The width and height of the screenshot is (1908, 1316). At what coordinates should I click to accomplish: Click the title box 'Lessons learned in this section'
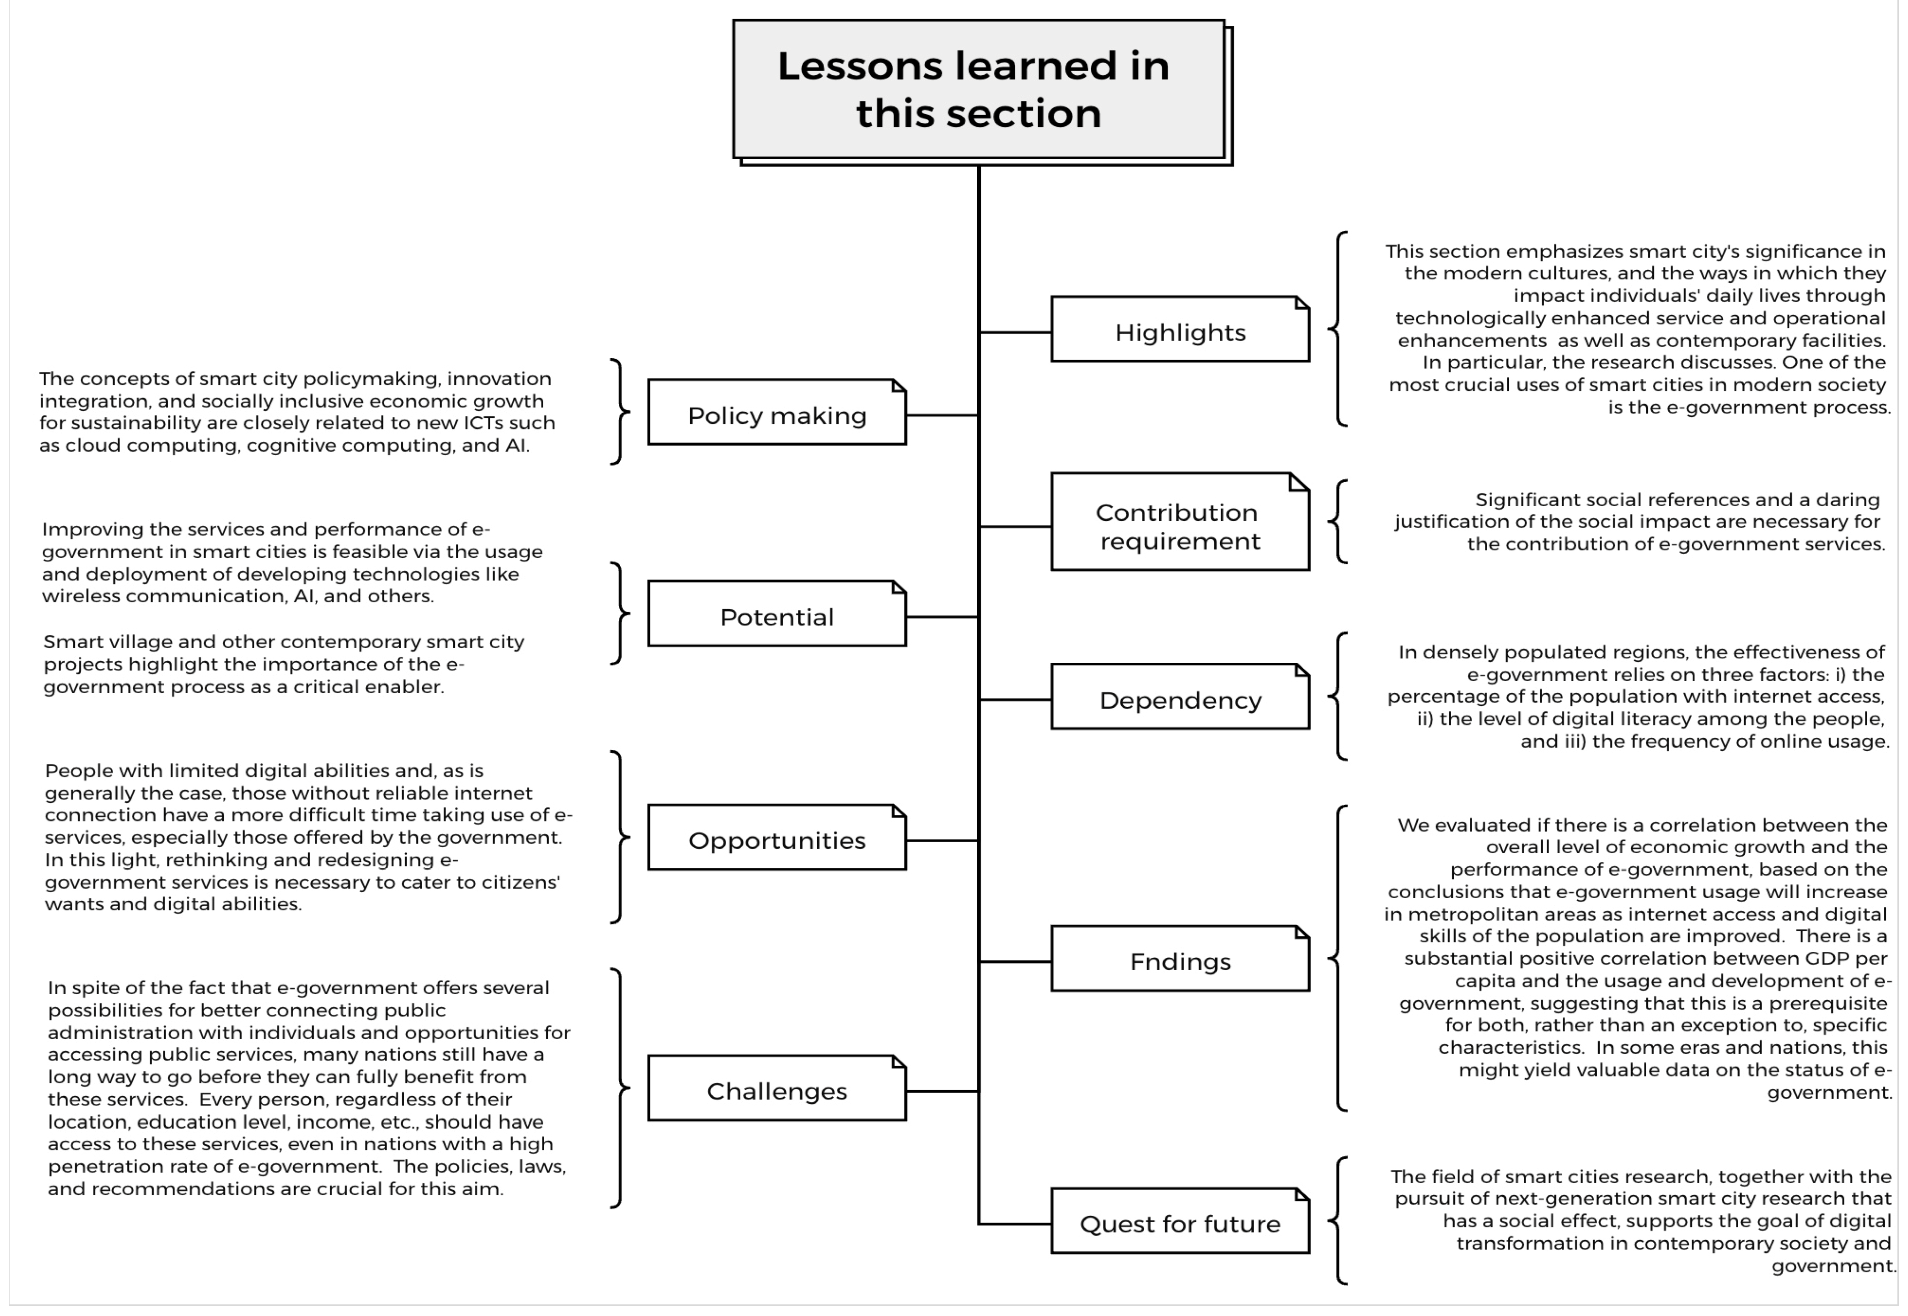click(979, 90)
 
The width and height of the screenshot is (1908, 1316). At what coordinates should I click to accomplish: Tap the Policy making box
click(776, 413)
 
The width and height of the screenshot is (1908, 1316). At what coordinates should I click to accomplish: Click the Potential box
click(776, 615)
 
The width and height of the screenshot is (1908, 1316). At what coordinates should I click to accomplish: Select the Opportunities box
click(776, 839)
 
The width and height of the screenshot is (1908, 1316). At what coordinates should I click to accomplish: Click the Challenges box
click(776, 1089)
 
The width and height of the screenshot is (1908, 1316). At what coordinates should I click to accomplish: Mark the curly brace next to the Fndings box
click(1337, 958)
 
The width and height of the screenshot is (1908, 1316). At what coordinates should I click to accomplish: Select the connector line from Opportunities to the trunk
click(942, 840)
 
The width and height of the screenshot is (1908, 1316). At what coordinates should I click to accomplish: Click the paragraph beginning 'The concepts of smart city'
click(297, 411)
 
